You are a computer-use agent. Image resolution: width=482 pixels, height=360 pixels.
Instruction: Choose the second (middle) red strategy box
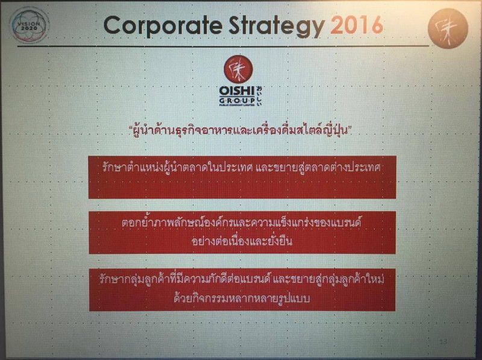point(242,232)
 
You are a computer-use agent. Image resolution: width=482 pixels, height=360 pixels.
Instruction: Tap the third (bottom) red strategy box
point(242,289)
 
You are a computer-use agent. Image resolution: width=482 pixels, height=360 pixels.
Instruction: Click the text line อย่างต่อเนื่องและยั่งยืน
point(241,241)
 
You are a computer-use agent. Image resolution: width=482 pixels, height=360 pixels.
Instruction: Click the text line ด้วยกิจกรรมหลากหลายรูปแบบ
point(241,298)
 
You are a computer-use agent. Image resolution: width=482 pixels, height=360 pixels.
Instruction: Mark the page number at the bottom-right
point(444,342)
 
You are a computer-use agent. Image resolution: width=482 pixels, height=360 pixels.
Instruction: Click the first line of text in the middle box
point(241,223)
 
